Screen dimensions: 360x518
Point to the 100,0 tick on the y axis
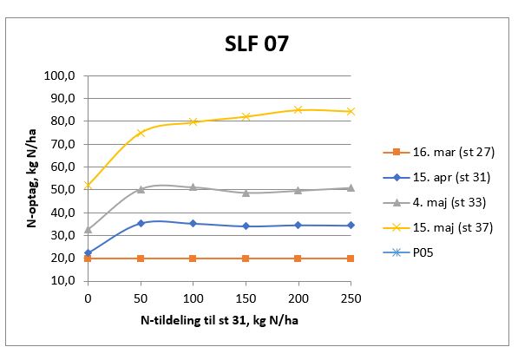[x=63, y=76]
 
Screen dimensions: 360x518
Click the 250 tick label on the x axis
[x=351, y=299]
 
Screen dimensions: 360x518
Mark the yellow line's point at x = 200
[x=298, y=110]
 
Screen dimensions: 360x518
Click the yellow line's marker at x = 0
[x=87, y=186]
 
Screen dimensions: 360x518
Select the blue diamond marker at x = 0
[x=87, y=252]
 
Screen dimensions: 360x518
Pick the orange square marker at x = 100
[x=193, y=259]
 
